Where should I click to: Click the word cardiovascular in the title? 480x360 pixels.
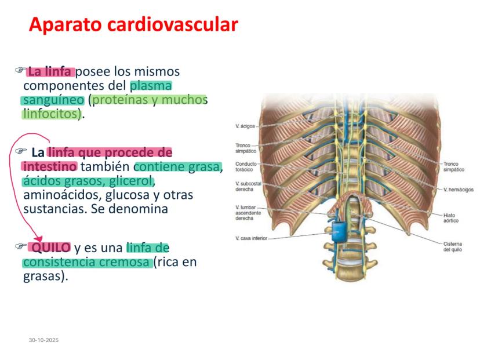pos(173,24)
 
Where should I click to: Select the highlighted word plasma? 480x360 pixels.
pos(151,86)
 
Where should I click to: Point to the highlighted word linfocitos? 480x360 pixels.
pos(51,114)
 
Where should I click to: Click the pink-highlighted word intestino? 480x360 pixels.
pos(49,167)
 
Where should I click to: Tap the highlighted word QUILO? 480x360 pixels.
pos(51,248)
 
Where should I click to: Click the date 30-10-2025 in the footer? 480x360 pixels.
pos(44,340)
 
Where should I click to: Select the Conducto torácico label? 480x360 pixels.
pos(245,167)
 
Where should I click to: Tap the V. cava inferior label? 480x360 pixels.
pos(252,238)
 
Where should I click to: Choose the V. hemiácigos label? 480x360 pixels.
pos(458,190)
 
